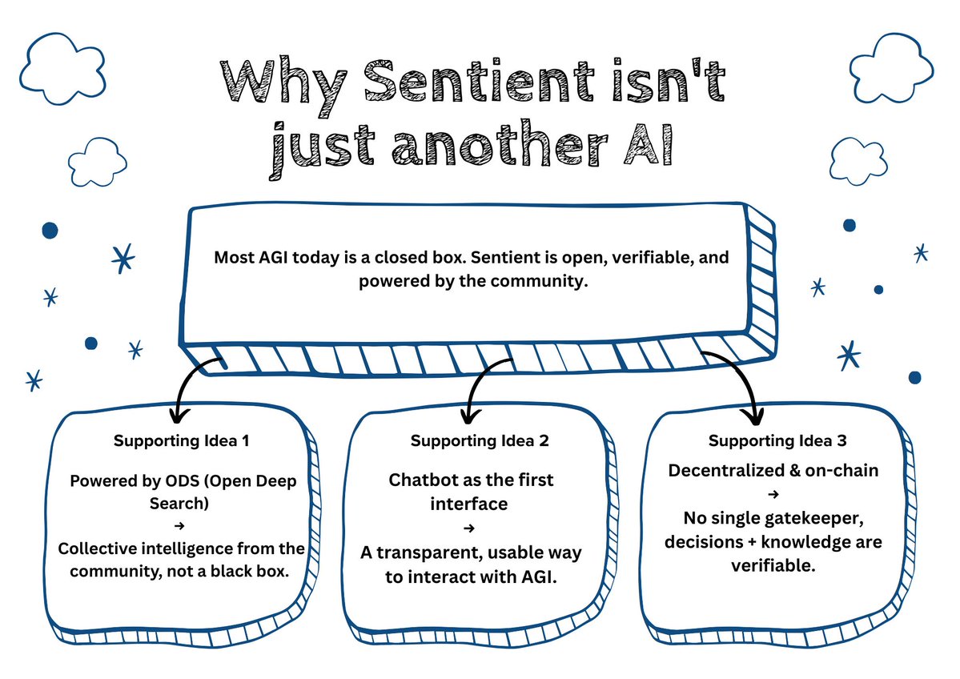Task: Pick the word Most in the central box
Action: tap(231, 259)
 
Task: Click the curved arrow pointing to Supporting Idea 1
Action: tap(191, 384)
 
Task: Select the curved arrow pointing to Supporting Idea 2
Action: tap(478, 384)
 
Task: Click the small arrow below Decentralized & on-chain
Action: tap(773, 495)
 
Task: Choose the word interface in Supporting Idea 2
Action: tap(469, 504)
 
